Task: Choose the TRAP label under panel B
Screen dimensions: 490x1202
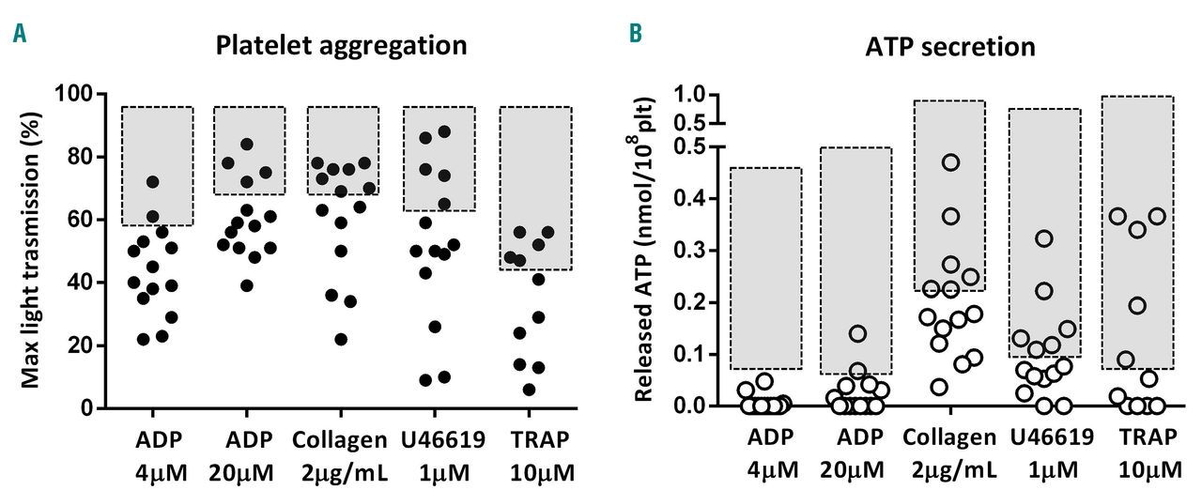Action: pyautogui.click(x=1136, y=437)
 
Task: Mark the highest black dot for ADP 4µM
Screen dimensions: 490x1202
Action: pyautogui.click(x=152, y=182)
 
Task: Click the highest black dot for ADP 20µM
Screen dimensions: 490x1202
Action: pyautogui.click(x=247, y=145)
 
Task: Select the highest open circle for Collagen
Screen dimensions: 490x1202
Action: pyautogui.click(x=950, y=162)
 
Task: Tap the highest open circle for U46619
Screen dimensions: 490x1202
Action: pyautogui.click(x=1043, y=238)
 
